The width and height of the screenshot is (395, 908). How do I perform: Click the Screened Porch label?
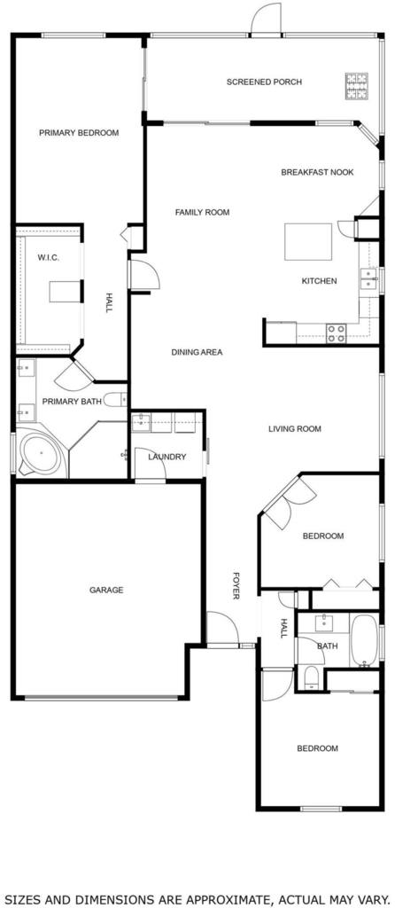tap(264, 82)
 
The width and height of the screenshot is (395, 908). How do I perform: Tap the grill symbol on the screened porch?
tap(357, 86)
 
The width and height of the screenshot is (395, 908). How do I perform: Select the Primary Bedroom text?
tap(79, 133)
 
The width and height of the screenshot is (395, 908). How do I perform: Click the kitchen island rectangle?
tap(308, 241)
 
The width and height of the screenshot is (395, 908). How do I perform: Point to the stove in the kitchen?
tap(337, 333)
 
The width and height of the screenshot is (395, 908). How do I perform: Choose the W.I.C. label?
tap(48, 258)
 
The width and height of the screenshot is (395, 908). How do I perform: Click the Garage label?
tap(106, 591)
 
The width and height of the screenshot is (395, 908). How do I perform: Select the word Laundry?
tap(167, 457)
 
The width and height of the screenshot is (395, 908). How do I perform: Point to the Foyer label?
tap(236, 585)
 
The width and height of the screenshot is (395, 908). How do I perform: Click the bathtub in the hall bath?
tap(364, 640)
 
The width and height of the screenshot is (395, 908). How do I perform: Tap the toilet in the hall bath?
tap(311, 677)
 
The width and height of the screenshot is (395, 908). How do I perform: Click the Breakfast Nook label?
tap(317, 173)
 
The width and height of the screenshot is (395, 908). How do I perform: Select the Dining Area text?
tap(197, 352)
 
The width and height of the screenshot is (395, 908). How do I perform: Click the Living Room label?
tap(294, 429)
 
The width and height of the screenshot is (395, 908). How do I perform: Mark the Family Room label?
tap(203, 213)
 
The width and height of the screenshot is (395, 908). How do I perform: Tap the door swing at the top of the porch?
tap(266, 19)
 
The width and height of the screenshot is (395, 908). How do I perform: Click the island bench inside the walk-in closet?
tap(64, 291)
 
